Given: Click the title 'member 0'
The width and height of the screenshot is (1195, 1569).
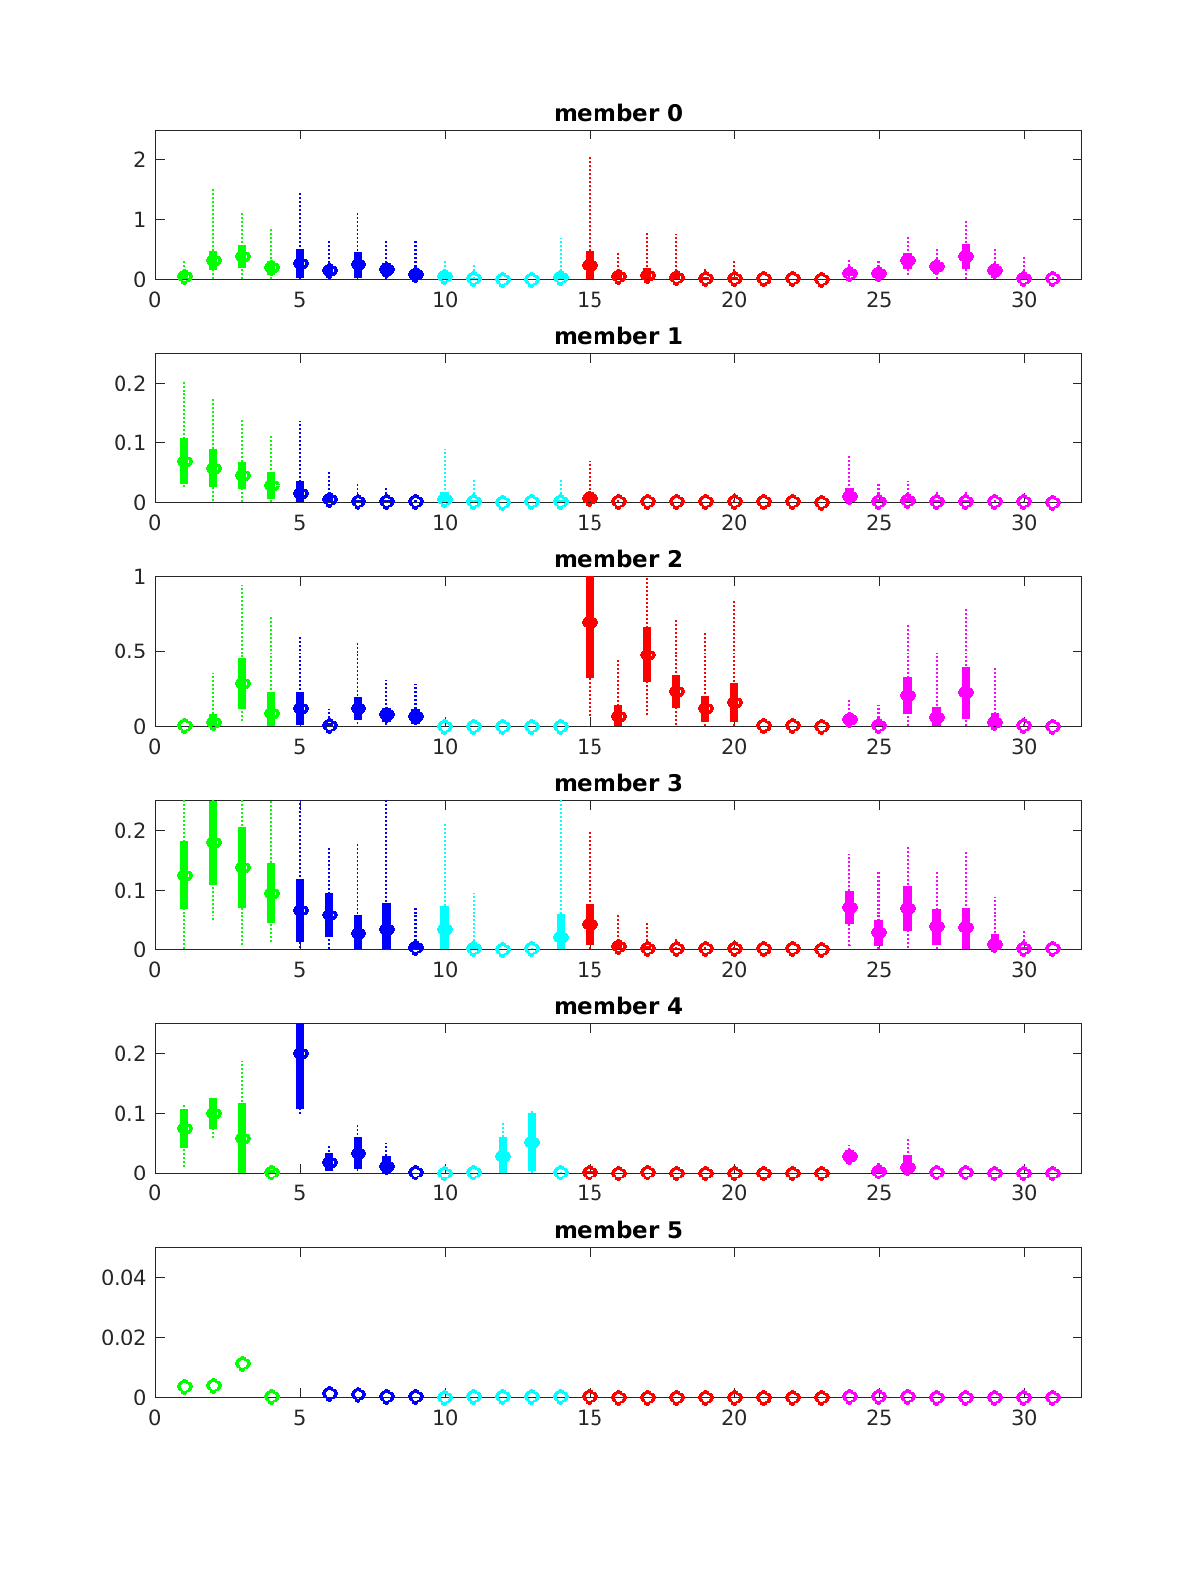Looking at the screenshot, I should (x=617, y=114).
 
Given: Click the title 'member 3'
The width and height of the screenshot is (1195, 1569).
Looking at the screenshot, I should (x=617, y=784).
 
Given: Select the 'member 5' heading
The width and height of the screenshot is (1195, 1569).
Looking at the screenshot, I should (x=617, y=1231).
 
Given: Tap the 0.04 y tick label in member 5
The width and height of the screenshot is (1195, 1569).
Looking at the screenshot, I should (x=123, y=1278).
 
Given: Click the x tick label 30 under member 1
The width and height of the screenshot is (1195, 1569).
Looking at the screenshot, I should (x=1024, y=523).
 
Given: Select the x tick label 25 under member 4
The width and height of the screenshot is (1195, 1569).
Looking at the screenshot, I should (x=878, y=1193).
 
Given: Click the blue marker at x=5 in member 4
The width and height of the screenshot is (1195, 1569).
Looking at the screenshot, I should (x=300, y=1053).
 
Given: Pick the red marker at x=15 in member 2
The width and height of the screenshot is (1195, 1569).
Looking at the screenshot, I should (x=590, y=622).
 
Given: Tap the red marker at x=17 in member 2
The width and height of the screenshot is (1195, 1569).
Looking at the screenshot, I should (x=647, y=655).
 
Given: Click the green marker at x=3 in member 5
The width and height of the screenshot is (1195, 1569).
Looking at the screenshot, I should (x=242, y=1363).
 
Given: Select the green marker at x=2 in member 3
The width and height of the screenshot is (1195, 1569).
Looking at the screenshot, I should (x=213, y=842).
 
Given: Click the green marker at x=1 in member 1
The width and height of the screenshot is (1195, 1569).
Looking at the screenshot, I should (x=184, y=461).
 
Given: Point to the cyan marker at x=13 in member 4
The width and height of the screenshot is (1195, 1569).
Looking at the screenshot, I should (x=532, y=1143).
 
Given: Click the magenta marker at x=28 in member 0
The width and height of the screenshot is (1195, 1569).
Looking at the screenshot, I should (x=965, y=256).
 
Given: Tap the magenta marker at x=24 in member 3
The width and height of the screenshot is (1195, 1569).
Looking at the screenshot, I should (x=849, y=908).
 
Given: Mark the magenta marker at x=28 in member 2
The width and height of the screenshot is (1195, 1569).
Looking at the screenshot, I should (x=965, y=692).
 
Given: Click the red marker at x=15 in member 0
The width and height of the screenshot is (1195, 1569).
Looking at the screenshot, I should (x=590, y=265).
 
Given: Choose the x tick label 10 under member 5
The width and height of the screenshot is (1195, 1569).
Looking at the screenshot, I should (x=444, y=1418).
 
